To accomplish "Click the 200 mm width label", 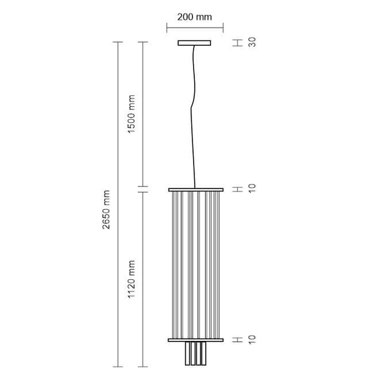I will tap(195, 16).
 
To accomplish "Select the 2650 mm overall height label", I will tap(107, 210).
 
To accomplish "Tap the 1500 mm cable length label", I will tap(132, 115).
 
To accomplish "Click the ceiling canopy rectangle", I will tap(195, 43).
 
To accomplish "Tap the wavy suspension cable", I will tap(193, 116).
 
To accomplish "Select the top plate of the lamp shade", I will tap(196, 190).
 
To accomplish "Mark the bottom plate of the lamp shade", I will tap(196, 338).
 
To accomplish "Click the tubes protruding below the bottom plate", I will tap(196, 353).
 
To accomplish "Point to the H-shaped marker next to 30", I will tap(237, 42).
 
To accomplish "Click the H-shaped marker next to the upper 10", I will tap(237, 189).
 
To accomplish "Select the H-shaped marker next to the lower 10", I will tap(237, 338).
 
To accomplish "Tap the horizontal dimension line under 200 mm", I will tap(195, 28).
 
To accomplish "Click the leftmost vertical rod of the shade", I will tap(172, 264).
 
